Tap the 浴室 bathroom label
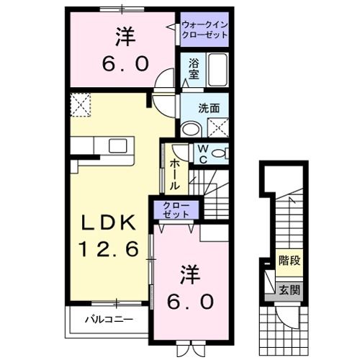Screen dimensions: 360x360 (x=194, y=68)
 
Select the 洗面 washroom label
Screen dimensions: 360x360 (x=210, y=109)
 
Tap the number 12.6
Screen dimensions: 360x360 (x=107, y=252)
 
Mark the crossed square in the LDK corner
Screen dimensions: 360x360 (x=81, y=105)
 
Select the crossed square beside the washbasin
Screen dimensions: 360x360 (x=217, y=129)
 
